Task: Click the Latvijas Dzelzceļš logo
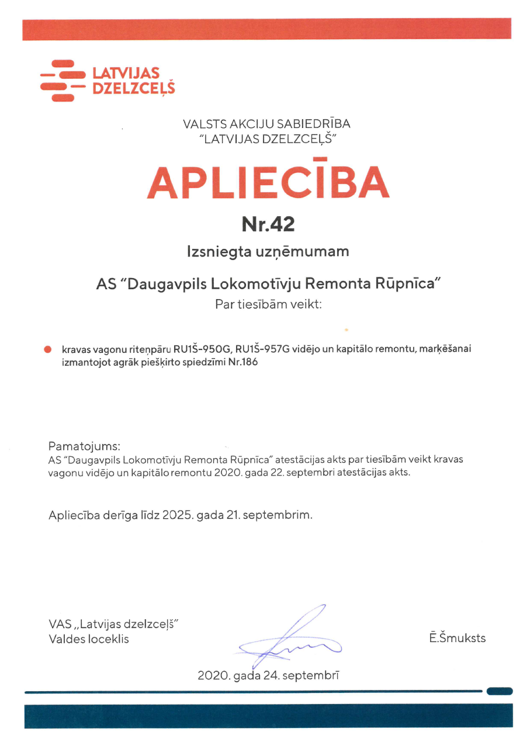click(x=108, y=81)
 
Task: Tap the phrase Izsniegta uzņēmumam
click(x=268, y=252)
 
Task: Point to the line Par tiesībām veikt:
click(x=268, y=304)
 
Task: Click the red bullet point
click(x=48, y=349)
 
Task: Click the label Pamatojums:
click(x=84, y=446)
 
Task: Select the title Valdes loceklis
click(x=89, y=639)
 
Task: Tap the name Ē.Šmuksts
click(x=457, y=637)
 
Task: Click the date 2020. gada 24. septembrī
click(x=268, y=676)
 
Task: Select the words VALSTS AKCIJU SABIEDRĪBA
click(x=266, y=123)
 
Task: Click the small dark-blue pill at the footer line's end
click(x=499, y=692)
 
